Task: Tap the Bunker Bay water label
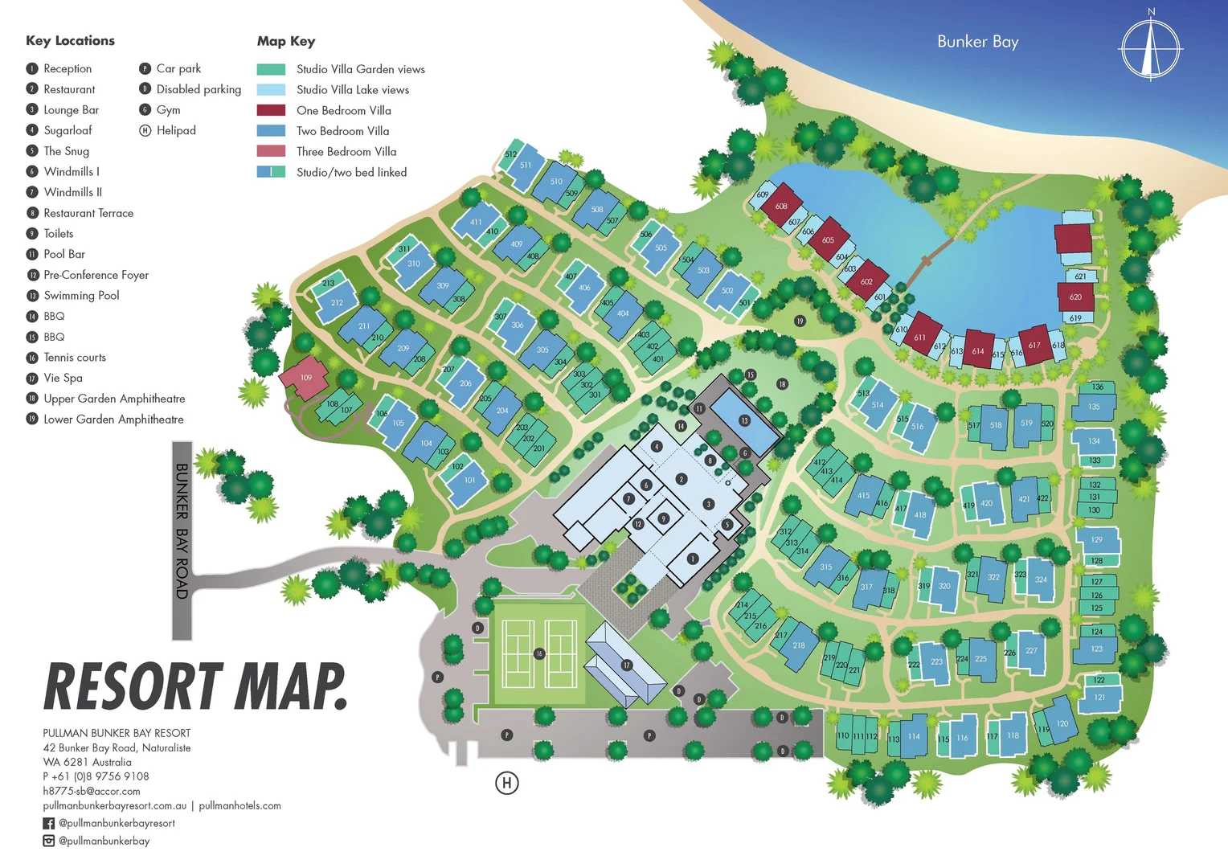click(977, 42)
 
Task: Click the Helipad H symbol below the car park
click(506, 782)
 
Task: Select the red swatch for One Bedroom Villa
click(271, 110)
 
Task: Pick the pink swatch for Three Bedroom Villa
click(271, 151)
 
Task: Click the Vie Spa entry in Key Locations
click(63, 378)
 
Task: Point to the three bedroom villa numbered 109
click(305, 378)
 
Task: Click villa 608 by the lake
click(781, 207)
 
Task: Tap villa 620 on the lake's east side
click(1075, 297)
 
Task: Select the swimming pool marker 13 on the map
click(744, 420)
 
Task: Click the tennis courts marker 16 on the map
click(539, 653)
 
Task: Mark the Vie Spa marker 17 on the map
click(626, 665)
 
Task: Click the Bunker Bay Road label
click(182, 530)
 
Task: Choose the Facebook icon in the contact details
click(49, 823)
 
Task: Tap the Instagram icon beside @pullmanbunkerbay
click(49, 841)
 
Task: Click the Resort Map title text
click(195, 687)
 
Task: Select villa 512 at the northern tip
click(510, 154)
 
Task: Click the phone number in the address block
click(96, 776)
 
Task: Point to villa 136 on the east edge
click(1097, 387)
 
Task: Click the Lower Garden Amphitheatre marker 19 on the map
click(800, 321)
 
